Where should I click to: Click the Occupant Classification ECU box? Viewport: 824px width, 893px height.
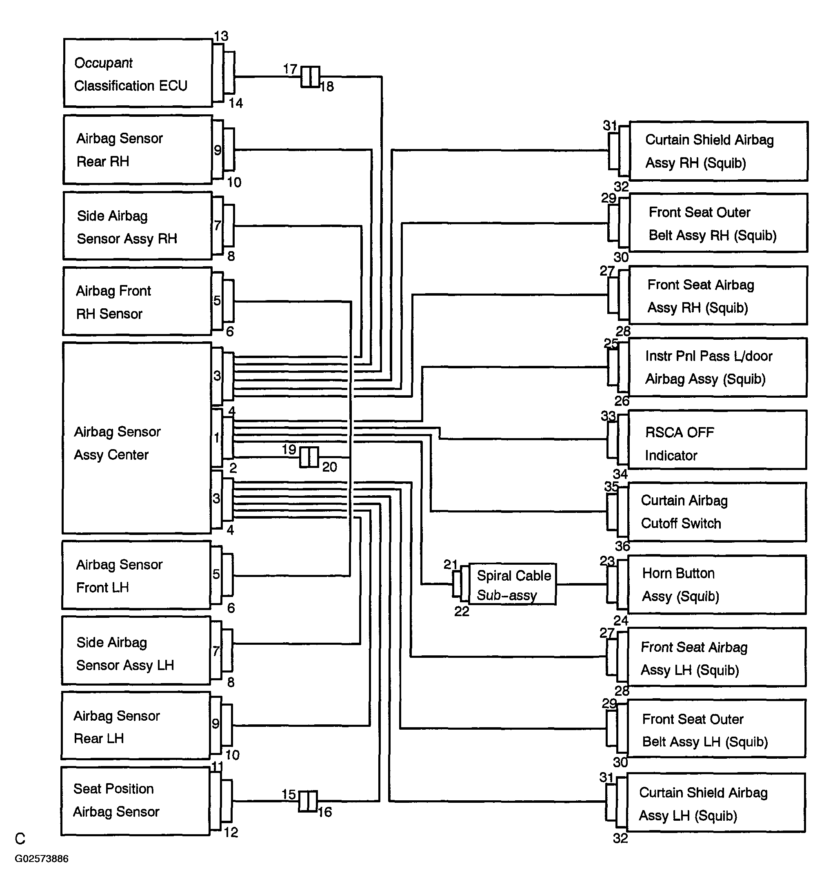click(138, 73)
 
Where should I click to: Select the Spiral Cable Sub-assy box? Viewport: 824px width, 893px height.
click(512, 584)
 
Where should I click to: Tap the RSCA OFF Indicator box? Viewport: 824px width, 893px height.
click(717, 440)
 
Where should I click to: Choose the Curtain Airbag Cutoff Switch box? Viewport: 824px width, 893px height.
click(717, 512)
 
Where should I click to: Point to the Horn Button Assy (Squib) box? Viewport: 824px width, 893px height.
click(717, 585)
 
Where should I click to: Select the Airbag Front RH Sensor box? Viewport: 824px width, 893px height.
click(137, 301)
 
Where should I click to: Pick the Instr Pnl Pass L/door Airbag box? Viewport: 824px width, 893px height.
click(718, 367)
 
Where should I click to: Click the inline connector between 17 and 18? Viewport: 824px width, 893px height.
click(310, 77)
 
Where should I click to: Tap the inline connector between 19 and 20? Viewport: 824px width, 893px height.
click(309, 457)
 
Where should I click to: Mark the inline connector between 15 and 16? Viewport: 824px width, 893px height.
click(308, 801)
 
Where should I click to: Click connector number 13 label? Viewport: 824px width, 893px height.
click(221, 36)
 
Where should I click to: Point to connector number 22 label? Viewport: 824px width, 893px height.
click(462, 612)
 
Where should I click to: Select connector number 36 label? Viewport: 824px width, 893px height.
click(622, 546)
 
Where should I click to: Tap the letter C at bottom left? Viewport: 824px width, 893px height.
click(20, 839)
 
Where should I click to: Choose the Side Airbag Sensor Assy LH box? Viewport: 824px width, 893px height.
click(136, 650)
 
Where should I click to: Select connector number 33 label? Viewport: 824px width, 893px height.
click(608, 416)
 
